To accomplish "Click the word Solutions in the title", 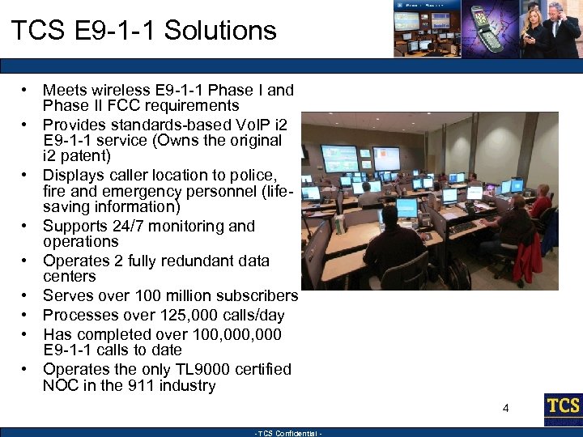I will click(219, 31).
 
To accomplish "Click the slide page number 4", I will click(505, 409).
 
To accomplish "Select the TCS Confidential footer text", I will click(289, 433).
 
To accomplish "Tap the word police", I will click(253, 175).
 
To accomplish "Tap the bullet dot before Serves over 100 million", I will click(27, 295).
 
